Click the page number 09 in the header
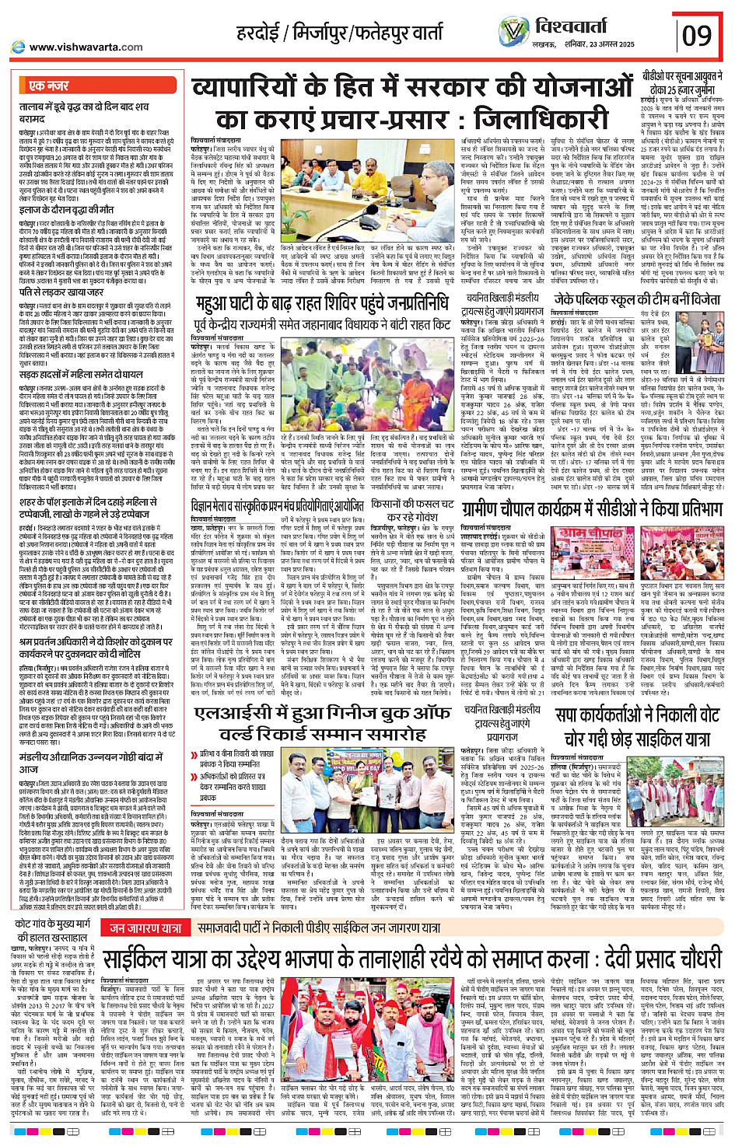pyautogui.click(x=697, y=35)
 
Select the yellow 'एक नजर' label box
pyautogui.click(x=49, y=86)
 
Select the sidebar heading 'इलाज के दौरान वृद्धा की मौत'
pyautogui.click(x=68, y=210)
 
